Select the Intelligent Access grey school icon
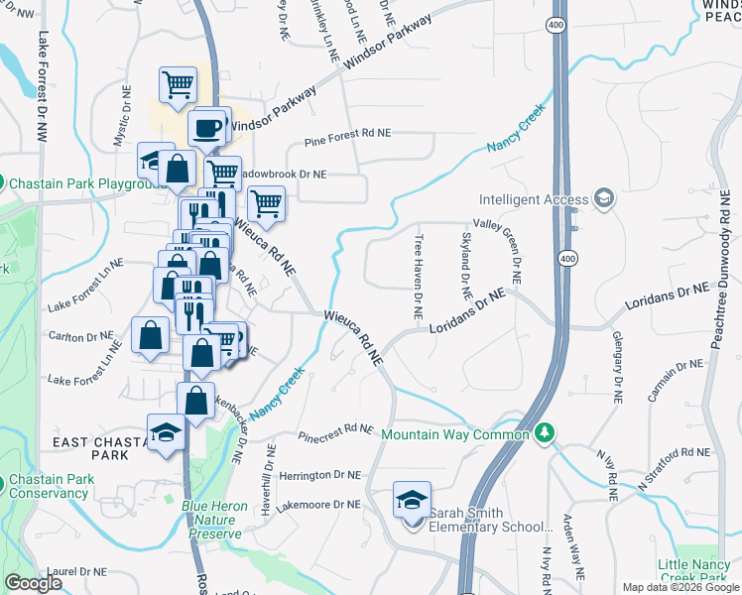tap(603, 199)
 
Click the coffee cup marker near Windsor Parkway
tap(207, 129)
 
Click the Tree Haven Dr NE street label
tap(419, 277)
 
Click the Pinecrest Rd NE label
tap(336, 431)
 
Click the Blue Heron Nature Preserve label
tap(214, 520)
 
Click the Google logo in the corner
tap(33, 583)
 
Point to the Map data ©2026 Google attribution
tap(680, 587)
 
